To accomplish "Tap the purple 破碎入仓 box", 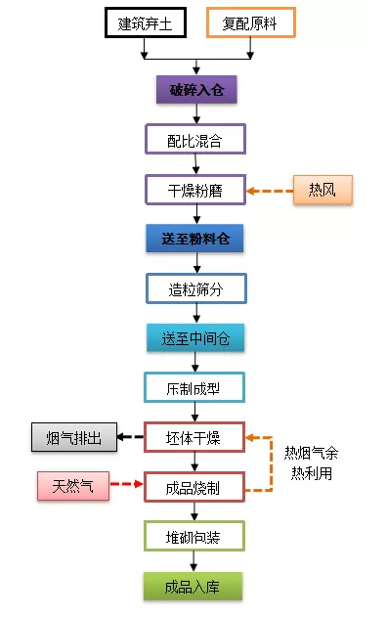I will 196,91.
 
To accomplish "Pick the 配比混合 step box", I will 194,140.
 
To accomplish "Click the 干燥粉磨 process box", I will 194,190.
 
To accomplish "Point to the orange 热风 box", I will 322,190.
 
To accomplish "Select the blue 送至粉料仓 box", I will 195,239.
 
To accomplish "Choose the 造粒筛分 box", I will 195,288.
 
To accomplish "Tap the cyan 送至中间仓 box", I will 195,338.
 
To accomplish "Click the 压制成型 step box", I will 194,388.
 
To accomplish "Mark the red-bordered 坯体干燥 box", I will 194,437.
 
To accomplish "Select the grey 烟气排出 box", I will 73,437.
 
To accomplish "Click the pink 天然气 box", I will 73,486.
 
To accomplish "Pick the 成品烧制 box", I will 194,487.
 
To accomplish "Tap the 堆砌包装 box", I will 194,536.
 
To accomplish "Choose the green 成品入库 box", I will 194,586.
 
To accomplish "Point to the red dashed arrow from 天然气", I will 126,486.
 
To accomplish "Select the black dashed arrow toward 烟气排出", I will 131,437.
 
